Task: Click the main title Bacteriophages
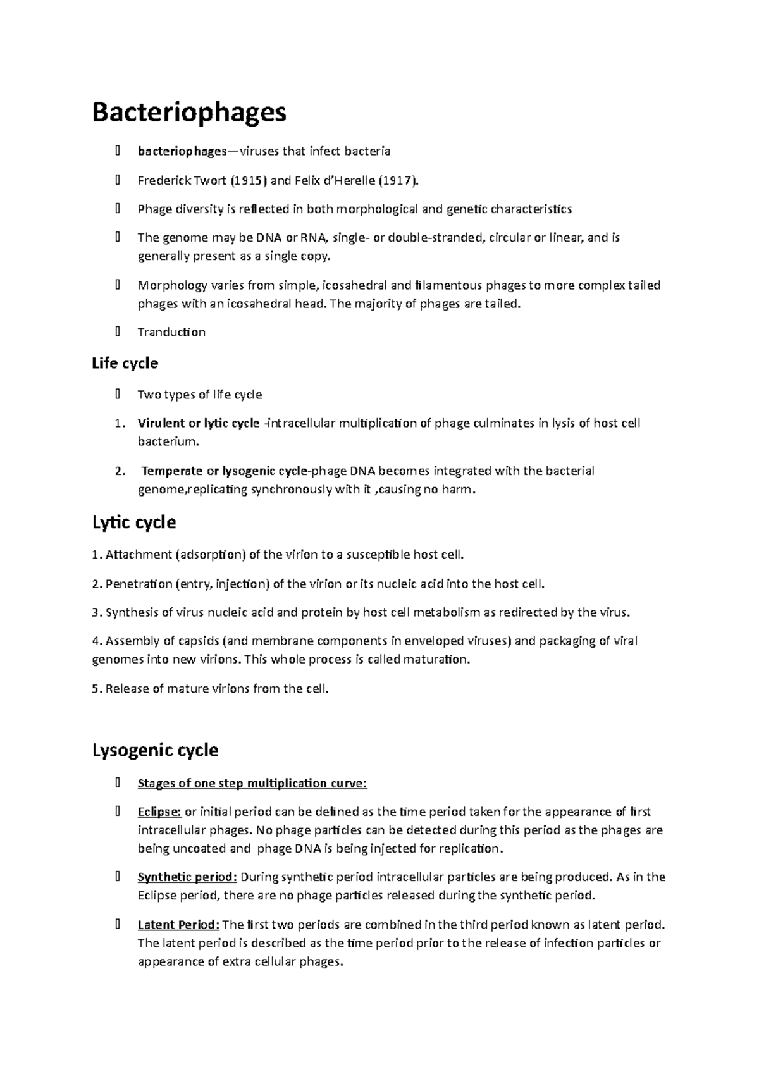[x=189, y=113]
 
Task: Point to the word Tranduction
[x=171, y=332]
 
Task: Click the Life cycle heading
[x=125, y=364]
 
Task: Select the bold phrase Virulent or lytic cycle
[x=199, y=423]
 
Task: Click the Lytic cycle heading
[x=134, y=522]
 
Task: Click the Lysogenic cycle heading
[x=155, y=750]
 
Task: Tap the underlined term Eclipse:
[x=159, y=812]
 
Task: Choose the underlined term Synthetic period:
[x=187, y=877]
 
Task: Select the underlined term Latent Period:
[x=178, y=925]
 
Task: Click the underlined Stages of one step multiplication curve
[x=252, y=784]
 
